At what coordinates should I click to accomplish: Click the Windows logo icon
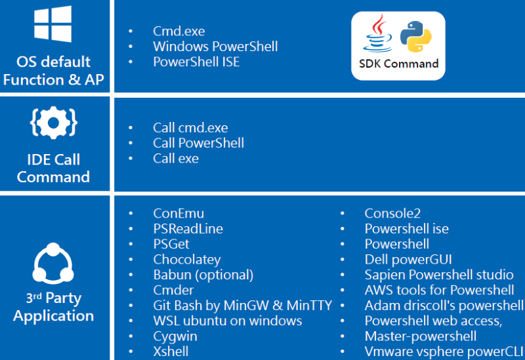(52, 24)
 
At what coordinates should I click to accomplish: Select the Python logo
(416, 37)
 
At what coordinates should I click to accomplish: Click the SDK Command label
(398, 64)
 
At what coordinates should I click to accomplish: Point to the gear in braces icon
(54, 123)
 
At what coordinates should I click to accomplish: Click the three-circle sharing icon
(53, 263)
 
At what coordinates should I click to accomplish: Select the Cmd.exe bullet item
(178, 31)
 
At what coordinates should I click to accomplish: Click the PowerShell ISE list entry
(196, 62)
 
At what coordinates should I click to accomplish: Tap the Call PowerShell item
(199, 143)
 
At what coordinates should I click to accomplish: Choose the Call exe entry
(176, 159)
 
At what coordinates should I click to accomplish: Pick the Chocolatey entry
(187, 260)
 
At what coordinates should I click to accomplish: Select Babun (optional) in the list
(203, 275)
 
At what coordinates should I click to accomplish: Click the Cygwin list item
(175, 336)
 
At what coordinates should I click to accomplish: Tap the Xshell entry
(171, 351)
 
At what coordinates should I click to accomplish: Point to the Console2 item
(392, 214)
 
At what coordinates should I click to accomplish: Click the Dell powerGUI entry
(408, 260)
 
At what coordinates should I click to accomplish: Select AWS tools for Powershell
(439, 290)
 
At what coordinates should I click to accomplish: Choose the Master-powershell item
(421, 336)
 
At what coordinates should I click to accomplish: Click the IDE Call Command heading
(54, 169)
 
